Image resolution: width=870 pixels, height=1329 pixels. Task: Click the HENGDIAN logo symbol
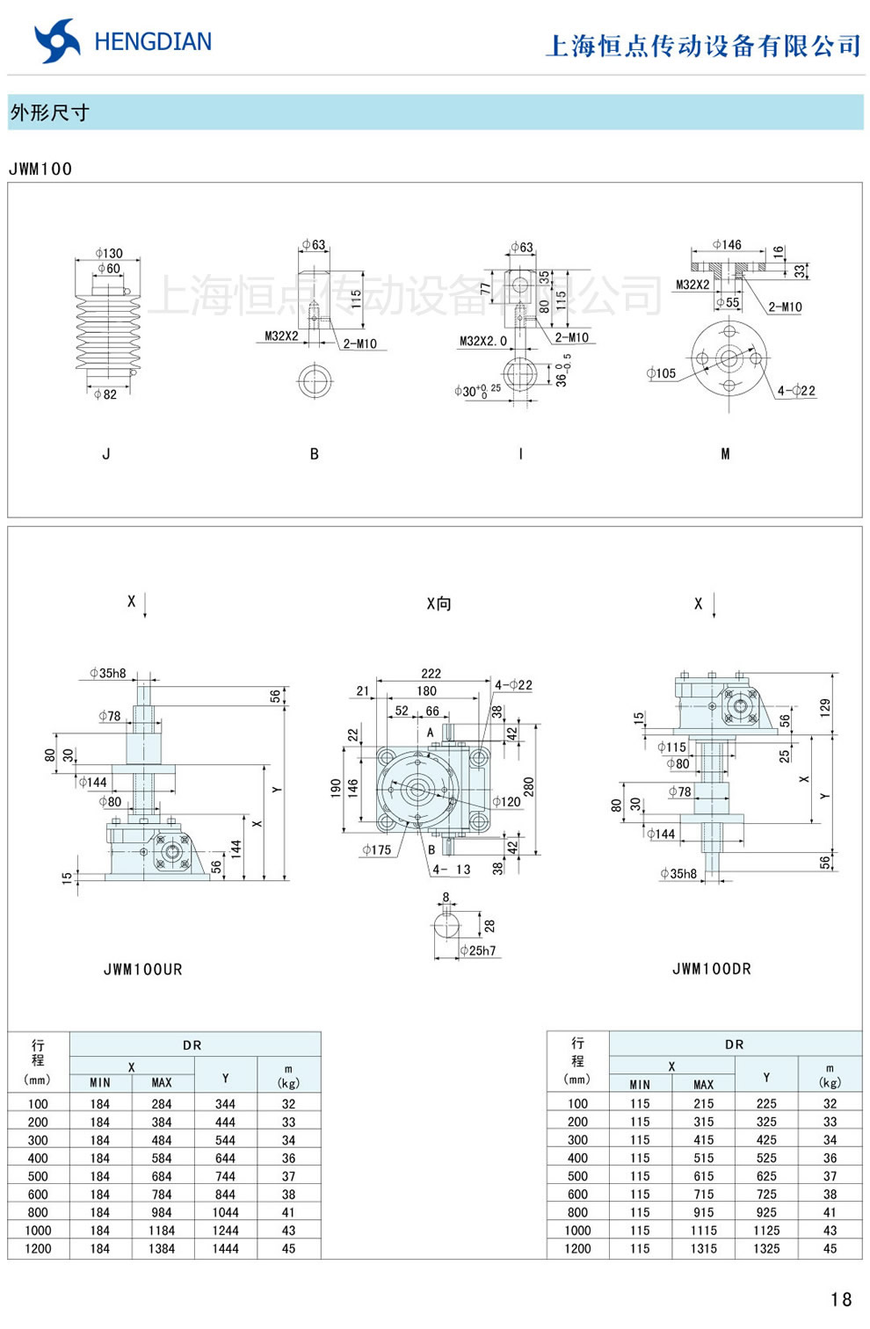pos(56,41)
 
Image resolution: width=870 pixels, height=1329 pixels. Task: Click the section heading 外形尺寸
pos(49,112)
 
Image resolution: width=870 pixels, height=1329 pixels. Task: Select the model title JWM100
pos(40,169)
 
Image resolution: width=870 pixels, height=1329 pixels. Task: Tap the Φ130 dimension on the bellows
pos(109,253)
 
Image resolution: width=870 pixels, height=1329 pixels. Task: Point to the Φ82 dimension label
pos(105,394)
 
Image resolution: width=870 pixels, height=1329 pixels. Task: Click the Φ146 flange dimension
pos(727,244)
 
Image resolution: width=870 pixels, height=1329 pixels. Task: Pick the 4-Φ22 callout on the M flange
pos(796,390)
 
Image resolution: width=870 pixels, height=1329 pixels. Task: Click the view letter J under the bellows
pos(106,454)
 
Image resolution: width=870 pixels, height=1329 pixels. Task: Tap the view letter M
pos(725,454)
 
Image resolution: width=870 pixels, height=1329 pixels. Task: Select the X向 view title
pos(439,603)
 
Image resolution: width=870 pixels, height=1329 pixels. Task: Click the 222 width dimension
pos(431,674)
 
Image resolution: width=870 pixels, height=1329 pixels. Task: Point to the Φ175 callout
pos(376,849)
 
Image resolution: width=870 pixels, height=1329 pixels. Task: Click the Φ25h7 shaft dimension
pos(478,950)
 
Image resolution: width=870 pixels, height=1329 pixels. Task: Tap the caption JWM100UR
pos(142,970)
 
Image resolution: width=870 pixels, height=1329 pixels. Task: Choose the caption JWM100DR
pos(711,969)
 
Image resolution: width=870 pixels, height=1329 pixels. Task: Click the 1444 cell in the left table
pos(225,1248)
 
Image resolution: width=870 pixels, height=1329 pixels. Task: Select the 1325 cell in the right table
pos(766,1248)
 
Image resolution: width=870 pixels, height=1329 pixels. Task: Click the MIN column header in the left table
pos(100,1083)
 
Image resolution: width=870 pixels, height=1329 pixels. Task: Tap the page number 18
pos(840,1299)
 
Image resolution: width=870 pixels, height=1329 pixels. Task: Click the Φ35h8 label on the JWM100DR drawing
pos(678,874)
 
